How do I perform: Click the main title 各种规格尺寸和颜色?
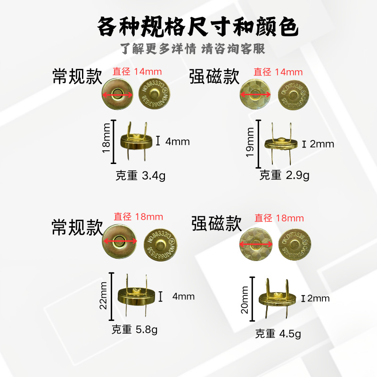pyautogui.click(x=197, y=26)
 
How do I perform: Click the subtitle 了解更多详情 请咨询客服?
pyautogui.click(x=193, y=49)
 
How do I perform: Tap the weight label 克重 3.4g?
pyautogui.click(x=140, y=176)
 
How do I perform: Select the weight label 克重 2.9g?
pyautogui.click(x=284, y=176)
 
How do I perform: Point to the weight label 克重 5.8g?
pyautogui.click(x=135, y=329)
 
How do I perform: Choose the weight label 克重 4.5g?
pyautogui.click(x=278, y=334)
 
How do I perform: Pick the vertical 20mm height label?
pyautogui.click(x=246, y=301)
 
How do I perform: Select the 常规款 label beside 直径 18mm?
pyautogui.click(x=77, y=228)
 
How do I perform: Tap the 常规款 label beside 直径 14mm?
pyautogui.click(x=77, y=77)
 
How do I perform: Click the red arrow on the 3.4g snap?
pyautogui.click(x=117, y=95)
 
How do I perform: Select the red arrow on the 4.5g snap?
pyautogui.click(x=256, y=244)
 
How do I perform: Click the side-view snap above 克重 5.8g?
pyautogui.click(x=136, y=296)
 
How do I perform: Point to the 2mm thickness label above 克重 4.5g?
pyautogui.click(x=318, y=298)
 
